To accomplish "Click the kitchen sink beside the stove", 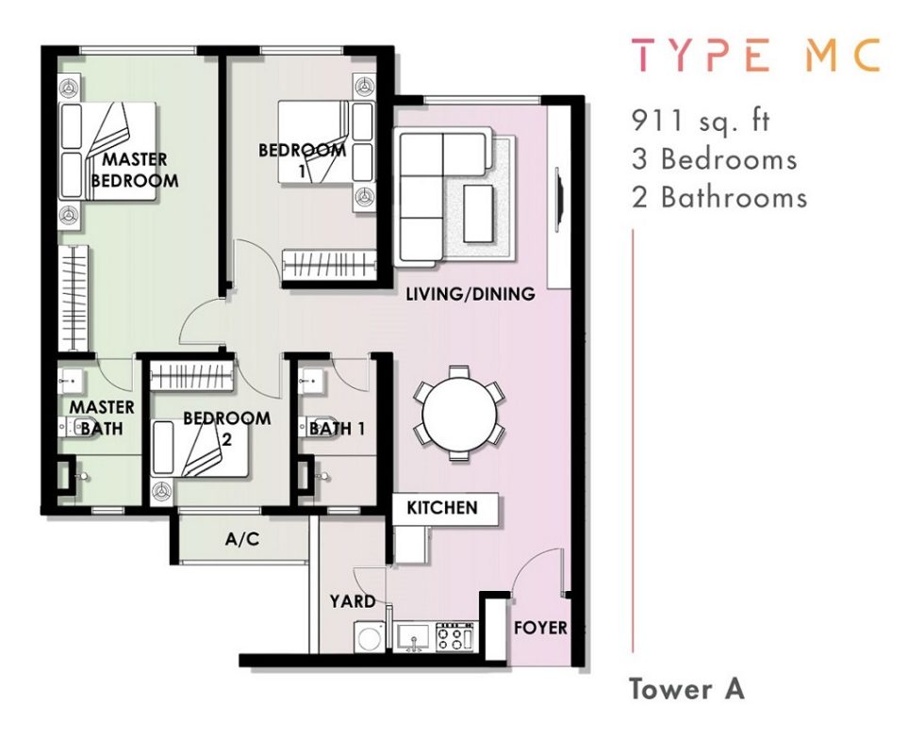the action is click(x=414, y=637).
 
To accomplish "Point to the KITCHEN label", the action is click(x=442, y=507).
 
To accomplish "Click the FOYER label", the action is click(x=540, y=628).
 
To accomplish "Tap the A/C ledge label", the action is click(x=242, y=538).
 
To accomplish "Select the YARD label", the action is click(x=353, y=601).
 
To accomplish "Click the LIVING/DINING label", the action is click(x=470, y=293).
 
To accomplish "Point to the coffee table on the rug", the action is click(x=478, y=213).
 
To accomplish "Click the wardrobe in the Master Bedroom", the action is click(x=74, y=299).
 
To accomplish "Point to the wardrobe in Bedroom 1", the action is click(x=329, y=263).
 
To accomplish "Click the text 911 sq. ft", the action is click(x=701, y=121).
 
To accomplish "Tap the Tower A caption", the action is click(x=687, y=689).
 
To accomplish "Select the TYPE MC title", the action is click(x=756, y=55).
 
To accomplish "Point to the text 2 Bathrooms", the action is click(x=718, y=197).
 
